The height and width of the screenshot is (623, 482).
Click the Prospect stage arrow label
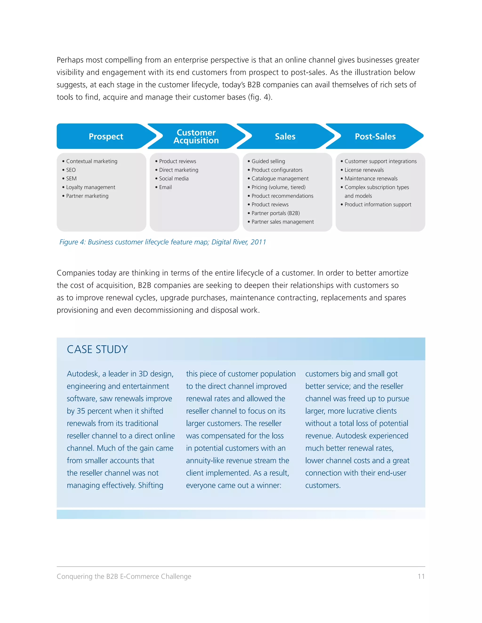[x=106, y=136]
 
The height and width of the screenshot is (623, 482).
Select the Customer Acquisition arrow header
[x=196, y=136]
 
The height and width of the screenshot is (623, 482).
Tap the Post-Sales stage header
[x=375, y=136]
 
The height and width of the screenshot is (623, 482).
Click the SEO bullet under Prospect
[x=71, y=170]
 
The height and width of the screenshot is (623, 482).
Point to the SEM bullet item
[x=71, y=179]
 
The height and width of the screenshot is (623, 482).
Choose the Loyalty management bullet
[x=91, y=187]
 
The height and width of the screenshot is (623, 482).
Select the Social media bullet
[x=174, y=179]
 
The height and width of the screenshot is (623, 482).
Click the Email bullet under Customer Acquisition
[x=165, y=187]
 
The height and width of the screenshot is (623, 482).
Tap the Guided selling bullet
[x=268, y=161]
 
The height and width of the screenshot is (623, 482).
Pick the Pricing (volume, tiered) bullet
[x=278, y=187]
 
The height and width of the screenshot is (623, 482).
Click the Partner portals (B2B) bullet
[x=276, y=213]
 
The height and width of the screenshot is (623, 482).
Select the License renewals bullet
[x=364, y=170]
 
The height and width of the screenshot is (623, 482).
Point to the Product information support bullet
[x=378, y=205]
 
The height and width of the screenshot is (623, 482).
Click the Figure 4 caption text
[x=162, y=242]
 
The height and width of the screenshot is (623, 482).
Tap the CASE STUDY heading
[x=97, y=349]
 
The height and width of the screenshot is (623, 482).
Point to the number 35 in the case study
[x=81, y=411]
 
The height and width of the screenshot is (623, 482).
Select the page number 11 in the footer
[x=421, y=576]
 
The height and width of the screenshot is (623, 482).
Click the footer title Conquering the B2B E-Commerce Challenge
[x=124, y=576]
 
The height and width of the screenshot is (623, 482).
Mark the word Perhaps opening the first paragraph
[x=70, y=60]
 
